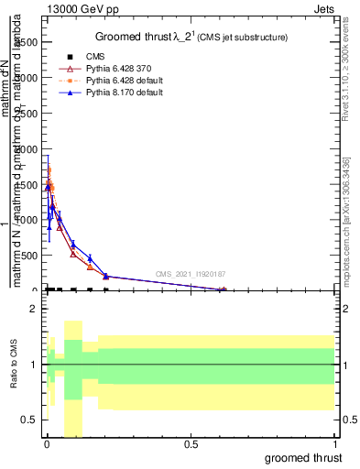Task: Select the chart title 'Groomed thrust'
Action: [x=135, y=37]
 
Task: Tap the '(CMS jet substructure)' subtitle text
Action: [x=238, y=38]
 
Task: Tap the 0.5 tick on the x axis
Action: [x=191, y=444]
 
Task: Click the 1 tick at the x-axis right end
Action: [x=335, y=444]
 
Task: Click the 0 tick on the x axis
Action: [x=47, y=444]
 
